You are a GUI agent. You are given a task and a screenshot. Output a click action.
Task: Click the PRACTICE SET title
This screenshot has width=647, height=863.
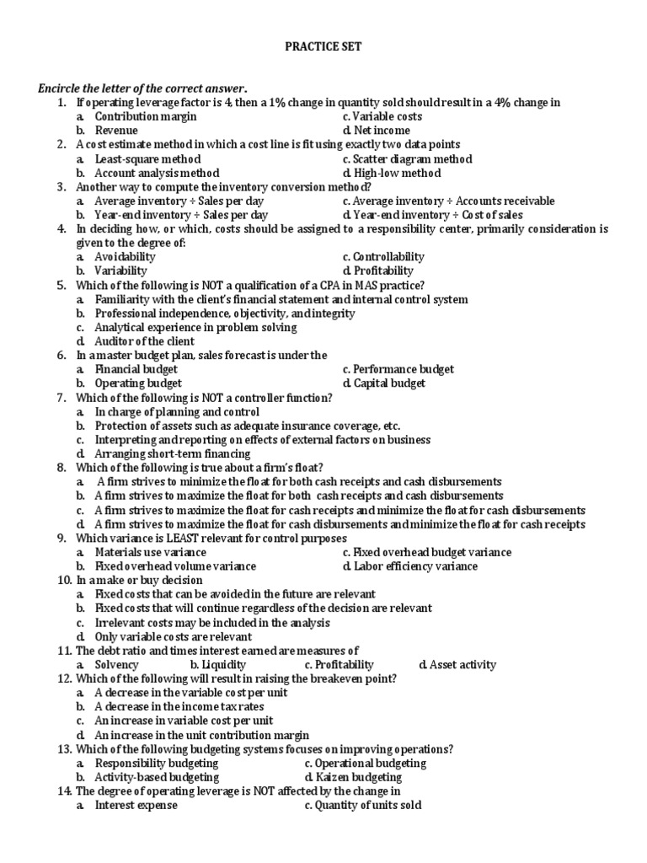coord(323,47)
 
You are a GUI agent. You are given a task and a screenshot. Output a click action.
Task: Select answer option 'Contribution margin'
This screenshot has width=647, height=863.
coord(139,116)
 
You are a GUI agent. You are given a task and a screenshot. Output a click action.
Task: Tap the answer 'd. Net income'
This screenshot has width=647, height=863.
coord(377,131)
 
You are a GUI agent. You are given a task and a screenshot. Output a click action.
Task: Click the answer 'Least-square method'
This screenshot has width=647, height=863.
coord(147,158)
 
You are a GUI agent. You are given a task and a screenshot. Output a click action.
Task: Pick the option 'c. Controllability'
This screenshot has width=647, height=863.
coord(383,256)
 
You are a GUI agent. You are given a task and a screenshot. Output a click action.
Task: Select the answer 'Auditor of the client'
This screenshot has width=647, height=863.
coord(144,341)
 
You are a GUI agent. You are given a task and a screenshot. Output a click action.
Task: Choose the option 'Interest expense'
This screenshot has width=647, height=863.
coord(136,806)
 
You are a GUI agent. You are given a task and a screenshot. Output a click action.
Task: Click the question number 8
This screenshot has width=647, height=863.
coord(61,468)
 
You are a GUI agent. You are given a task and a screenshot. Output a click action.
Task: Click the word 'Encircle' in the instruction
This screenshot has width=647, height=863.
coord(59,88)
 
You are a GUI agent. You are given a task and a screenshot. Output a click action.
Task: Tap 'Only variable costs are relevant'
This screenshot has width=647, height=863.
coord(174,636)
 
